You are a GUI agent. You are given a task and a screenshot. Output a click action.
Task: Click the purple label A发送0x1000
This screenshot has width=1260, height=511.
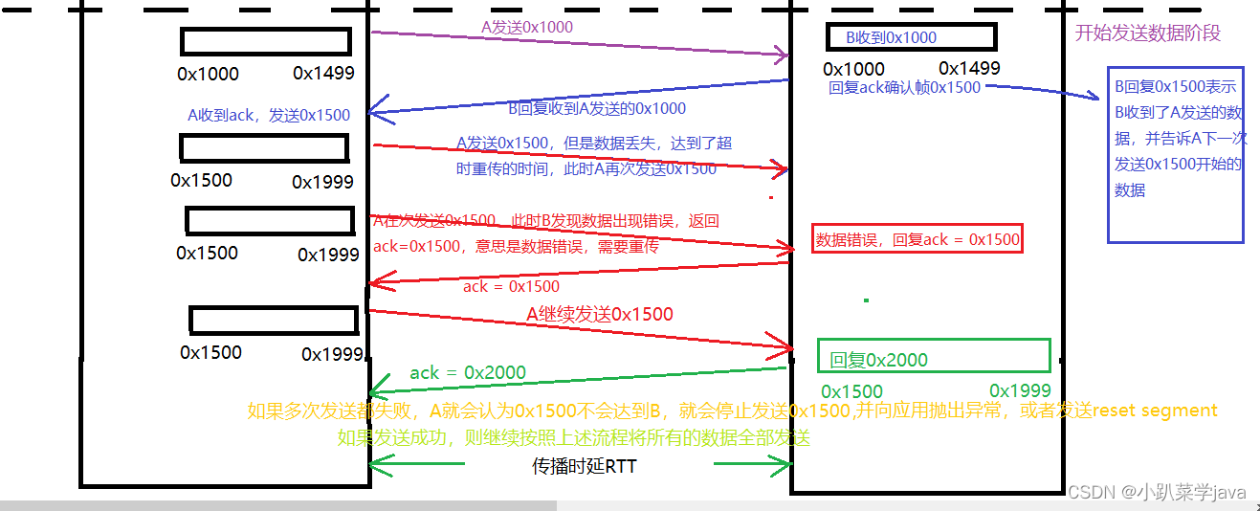pyautogui.click(x=527, y=27)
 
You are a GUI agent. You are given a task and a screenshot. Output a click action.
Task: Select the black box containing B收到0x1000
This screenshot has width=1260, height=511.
pyautogui.click(x=911, y=37)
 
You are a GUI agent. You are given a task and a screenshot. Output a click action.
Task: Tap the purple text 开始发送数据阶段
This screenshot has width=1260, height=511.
pyautogui.click(x=1148, y=33)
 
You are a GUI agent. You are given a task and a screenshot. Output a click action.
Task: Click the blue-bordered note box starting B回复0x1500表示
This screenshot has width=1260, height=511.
pyautogui.click(x=1175, y=154)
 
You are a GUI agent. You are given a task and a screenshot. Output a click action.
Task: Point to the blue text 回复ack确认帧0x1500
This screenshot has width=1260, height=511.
pyautogui.click(x=904, y=87)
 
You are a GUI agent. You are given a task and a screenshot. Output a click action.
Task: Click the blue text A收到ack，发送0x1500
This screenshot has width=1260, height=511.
pyautogui.click(x=269, y=115)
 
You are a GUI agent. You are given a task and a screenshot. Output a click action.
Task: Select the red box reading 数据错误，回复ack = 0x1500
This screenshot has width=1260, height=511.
pyautogui.click(x=917, y=239)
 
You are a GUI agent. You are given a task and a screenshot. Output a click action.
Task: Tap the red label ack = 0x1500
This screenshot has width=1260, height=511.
pyautogui.click(x=511, y=286)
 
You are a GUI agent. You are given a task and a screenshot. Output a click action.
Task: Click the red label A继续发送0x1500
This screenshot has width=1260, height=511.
pyautogui.click(x=600, y=314)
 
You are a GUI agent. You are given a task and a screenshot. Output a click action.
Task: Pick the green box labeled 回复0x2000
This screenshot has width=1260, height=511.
pyautogui.click(x=934, y=356)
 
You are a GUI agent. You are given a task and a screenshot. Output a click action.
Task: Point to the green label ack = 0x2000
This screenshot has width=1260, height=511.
pyautogui.click(x=468, y=372)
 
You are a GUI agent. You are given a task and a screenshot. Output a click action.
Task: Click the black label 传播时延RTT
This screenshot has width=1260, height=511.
pyautogui.click(x=584, y=467)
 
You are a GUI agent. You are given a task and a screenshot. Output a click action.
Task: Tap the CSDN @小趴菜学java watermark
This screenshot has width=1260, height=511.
pyautogui.click(x=1157, y=492)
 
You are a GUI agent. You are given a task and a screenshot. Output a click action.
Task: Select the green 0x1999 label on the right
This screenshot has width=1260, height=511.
pyautogui.click(x=1020, y=390)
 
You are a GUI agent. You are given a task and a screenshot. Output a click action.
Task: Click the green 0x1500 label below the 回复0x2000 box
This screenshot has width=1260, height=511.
pyautogui.click(x=851, y=391)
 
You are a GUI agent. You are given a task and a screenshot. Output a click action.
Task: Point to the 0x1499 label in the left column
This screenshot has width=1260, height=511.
pyautogui.click(x=323, y=73)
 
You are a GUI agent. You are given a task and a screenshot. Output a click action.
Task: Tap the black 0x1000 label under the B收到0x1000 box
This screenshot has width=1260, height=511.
pyautogui.click(x=853, y=69)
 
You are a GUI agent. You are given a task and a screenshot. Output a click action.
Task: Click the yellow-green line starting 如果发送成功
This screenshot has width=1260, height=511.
pyautogui.click(x=574, y=438)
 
